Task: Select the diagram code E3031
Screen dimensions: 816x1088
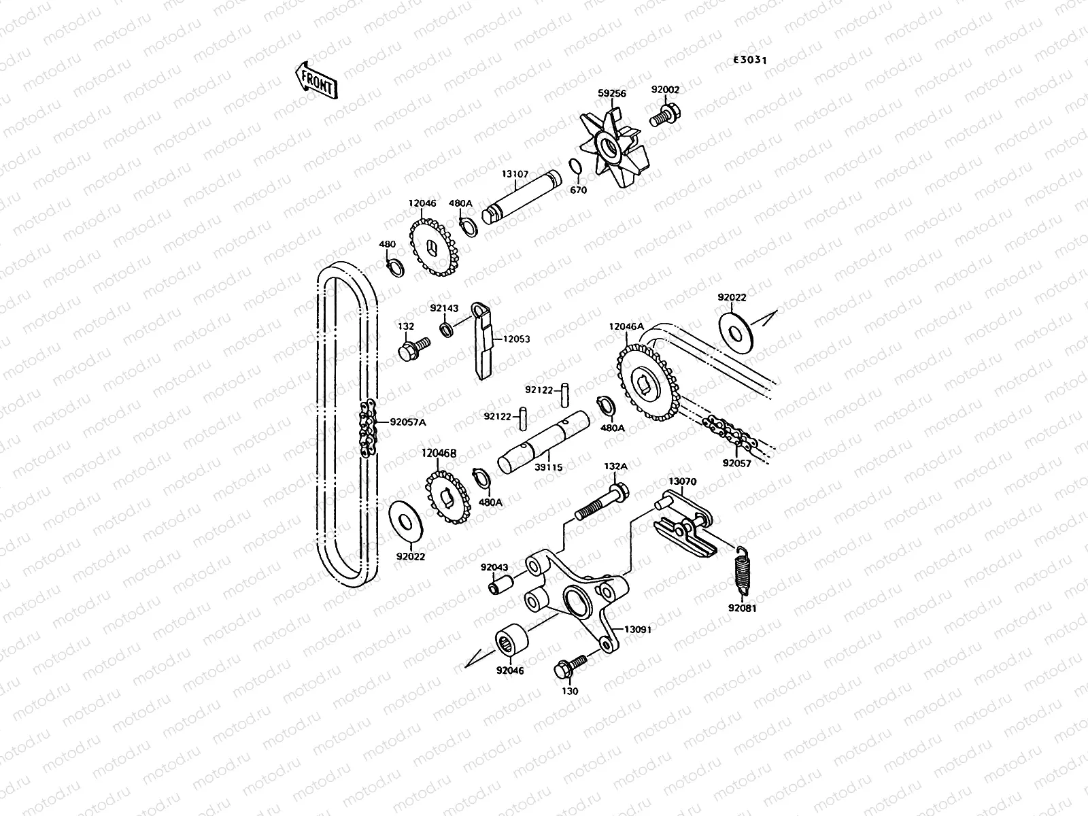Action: coord(749,60)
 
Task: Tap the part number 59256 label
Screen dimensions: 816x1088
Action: coord(612,94)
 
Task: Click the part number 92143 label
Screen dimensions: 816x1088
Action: coord(445,308)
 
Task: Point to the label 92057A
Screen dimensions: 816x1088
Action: coord(408,422)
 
